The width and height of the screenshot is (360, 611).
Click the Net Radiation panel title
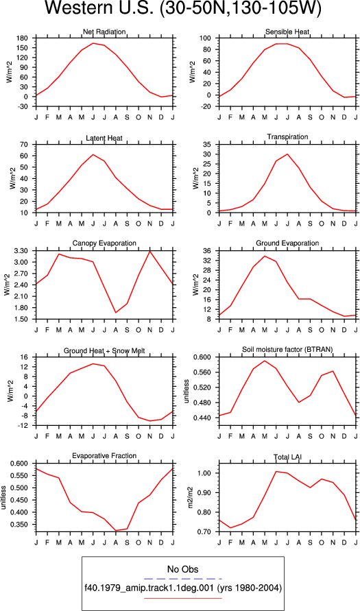(104, 32)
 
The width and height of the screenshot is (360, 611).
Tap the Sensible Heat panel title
(287, 32)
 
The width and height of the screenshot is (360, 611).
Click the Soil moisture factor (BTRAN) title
(287, 350)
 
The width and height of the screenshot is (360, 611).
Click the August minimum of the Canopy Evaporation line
(104, 313)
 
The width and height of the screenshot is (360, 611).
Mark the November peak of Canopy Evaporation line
(149, 252)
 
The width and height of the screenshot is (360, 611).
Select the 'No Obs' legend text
(182, 569)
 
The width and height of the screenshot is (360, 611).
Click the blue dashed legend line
(182, 579)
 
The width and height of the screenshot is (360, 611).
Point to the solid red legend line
(182, 598)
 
